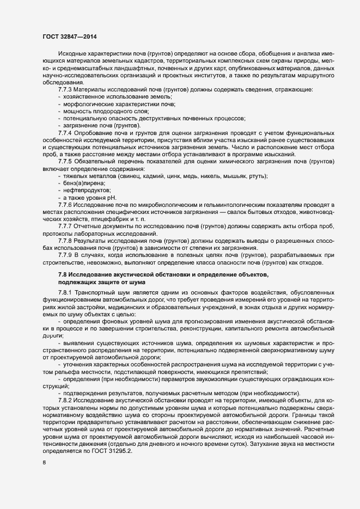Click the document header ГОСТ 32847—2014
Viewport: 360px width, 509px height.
tap(70, 36)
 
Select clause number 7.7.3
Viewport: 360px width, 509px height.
tap(66, 89)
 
